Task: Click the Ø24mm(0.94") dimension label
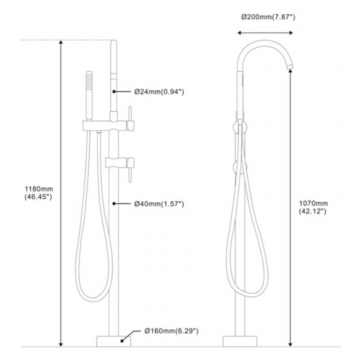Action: pos(159,92)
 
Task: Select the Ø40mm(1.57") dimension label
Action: pos(159,204)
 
